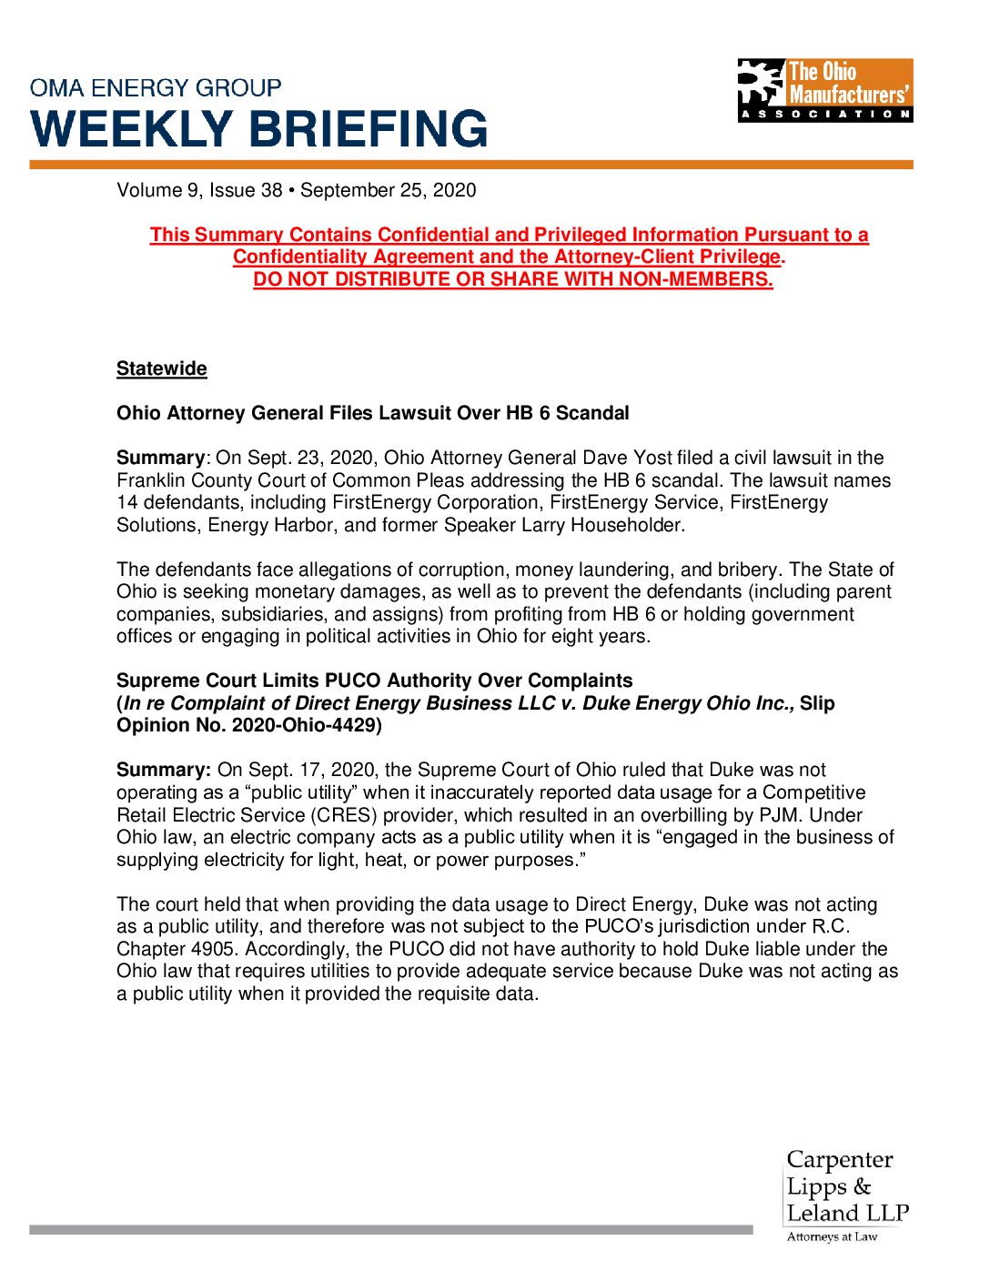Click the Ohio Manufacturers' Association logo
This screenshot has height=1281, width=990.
tap(824, 90)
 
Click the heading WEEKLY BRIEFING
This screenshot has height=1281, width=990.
tap(260, 129)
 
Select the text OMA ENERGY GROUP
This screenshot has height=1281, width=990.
tap(156, 88)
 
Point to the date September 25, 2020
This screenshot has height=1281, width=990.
tap(389, 190)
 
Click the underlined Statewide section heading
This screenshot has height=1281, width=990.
tap(162, 368)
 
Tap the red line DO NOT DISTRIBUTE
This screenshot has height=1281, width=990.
tap(513, 279)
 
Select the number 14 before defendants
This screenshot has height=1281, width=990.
tap(126, 502)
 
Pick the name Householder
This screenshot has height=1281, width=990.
tap(625, 525)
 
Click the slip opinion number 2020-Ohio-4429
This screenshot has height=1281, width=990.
tap(306, 725)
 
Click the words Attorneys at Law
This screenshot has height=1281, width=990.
tap(832, 1236)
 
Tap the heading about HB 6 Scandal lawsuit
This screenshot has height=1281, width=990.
tap(373, 413)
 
